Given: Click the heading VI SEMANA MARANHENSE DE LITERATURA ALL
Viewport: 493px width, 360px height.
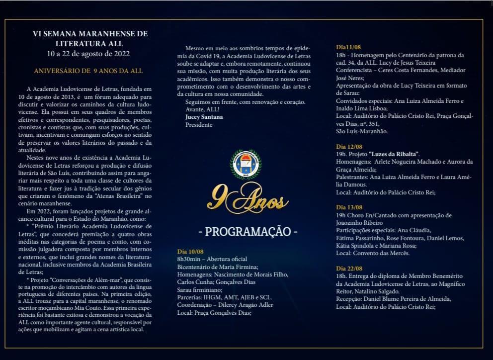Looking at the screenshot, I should pyautogui.click(x=90, y=38).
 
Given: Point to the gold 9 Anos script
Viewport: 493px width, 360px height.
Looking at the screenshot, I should pyautogui.click(x=247, y=198).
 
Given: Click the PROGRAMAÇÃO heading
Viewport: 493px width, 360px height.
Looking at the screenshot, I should pyautogui.click(x=247, y=232).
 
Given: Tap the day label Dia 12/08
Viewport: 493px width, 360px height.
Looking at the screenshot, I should pyautogui.click(x=349, y=147).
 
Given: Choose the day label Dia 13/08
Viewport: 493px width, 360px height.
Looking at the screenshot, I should pyautogui.click(x=349, y=207).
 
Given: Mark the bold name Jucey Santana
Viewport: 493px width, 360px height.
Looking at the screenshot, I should pyautogui.click(x=204, y=117).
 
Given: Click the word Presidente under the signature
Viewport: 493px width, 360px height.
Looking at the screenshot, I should pyautogui.click(x=199, y=125).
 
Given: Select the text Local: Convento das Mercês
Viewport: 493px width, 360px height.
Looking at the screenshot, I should pyautogui.click(x=373, y=253).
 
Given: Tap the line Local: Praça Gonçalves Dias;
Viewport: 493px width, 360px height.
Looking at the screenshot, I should pyautogui.click(x=214, y=313).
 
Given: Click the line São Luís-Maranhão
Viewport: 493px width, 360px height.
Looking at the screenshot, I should pyautogui.click(x=361, y=131).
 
